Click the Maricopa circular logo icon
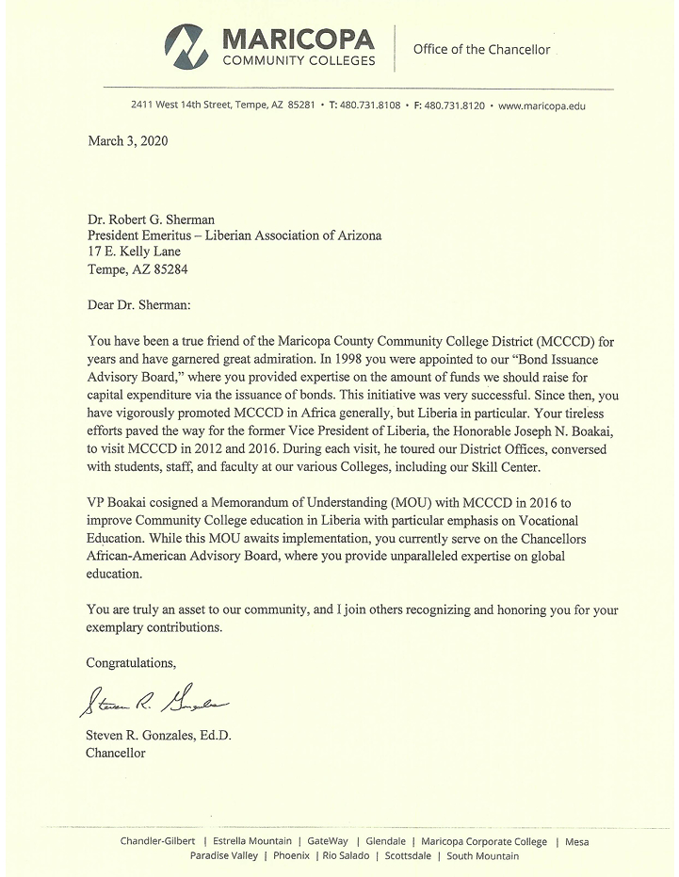[188, 46]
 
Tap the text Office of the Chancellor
[481, 50]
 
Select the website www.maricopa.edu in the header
[542, 106]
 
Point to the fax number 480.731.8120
[454, 106]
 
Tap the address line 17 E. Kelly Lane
[133, 252]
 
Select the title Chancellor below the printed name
[116, 753]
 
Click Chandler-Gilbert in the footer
[157, 841]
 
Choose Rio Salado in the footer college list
[346, 856]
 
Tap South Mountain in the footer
[482, 856]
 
